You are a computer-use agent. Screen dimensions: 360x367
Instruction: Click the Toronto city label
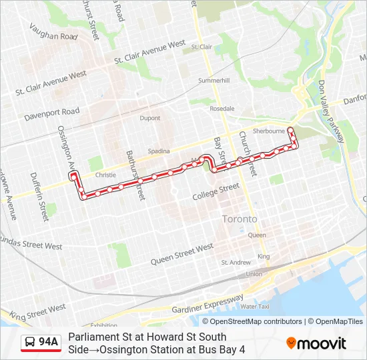(x=240, y=219)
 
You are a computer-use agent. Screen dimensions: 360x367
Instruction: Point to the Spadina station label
(x=159, y=151)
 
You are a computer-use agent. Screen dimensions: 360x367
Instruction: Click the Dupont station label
(x=150, y=118)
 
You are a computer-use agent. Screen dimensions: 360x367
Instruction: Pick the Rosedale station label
(x=222, y=108)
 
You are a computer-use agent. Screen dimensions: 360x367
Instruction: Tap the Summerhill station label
(x=214, y=80)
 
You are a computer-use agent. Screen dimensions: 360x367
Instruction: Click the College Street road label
(x=216, y=193)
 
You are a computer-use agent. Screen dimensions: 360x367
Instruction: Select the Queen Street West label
(x=182, y=253)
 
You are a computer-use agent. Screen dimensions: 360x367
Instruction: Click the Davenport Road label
(x=52, y=115)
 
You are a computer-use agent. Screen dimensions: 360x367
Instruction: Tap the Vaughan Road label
(x=54, y=32)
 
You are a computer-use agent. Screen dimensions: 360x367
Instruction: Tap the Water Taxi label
(x=254, y=307)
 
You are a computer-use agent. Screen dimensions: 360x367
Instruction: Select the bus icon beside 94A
(x=30, y=343)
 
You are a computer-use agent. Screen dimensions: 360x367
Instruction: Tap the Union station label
(x=254, y=274)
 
